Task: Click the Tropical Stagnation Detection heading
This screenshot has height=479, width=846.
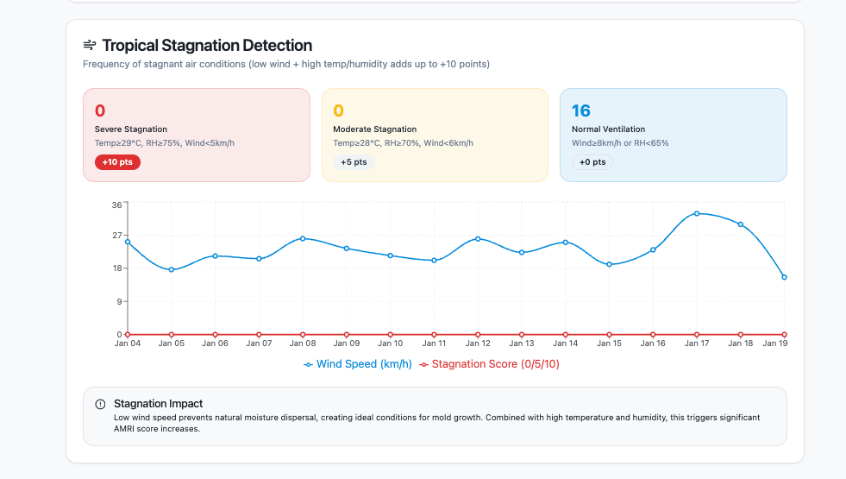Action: [207, 45]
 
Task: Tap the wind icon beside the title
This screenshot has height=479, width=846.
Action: [90, 45]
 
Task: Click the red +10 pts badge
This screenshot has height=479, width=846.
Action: [117, 162]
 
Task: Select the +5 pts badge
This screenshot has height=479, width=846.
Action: [354, 162]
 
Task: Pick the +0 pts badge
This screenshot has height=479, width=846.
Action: [592, 162]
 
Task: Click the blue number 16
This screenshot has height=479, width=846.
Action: [580, 110]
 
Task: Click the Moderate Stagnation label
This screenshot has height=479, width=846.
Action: [374, 129]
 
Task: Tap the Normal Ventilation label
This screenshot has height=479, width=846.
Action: [608, 129]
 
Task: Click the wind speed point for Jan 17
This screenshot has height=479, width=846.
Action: [697, 213]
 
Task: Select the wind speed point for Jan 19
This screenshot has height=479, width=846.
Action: [784, 277]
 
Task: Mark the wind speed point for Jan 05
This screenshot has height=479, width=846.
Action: [172, 270]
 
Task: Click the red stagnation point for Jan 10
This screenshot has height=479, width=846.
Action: [390, 334]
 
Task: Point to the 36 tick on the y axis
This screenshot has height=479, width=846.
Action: [116, 205]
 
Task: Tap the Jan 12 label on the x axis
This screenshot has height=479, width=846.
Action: [478, 343]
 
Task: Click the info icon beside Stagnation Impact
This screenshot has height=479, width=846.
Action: [101, 404]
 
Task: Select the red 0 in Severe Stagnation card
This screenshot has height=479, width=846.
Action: [100, 110]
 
